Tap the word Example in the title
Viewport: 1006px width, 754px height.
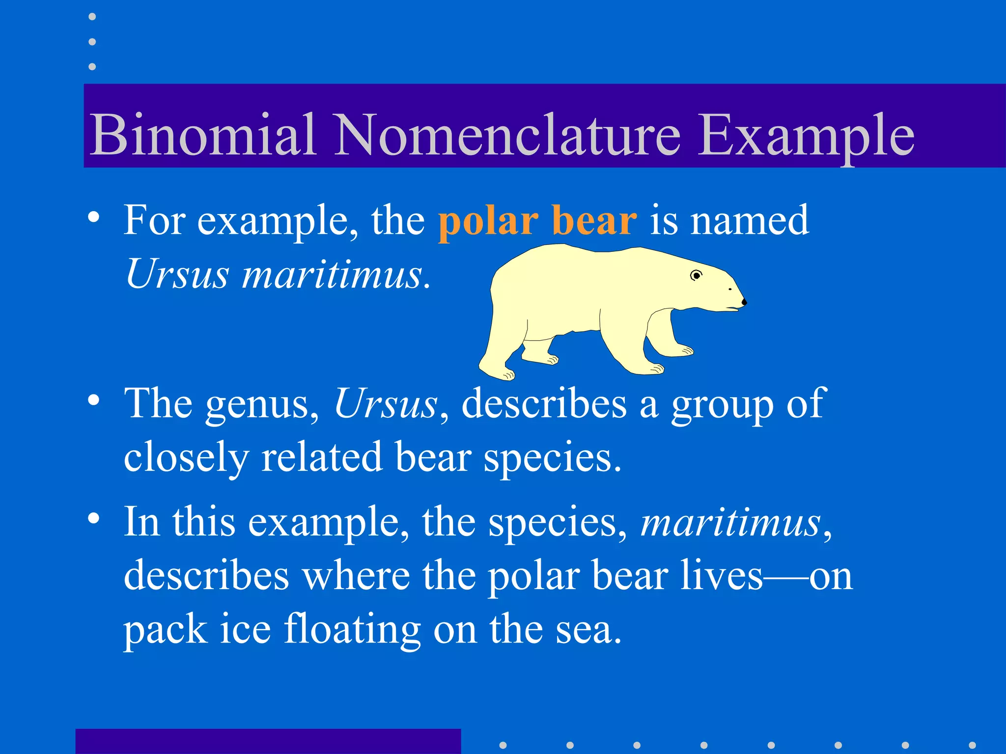[x=806, y=135]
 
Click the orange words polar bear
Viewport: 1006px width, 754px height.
[x=537, y=220]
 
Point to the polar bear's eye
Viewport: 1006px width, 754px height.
[x=696, y=275]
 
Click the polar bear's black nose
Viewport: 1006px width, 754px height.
[x=743, y=302]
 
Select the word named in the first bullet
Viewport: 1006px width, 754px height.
[x=750, y=220]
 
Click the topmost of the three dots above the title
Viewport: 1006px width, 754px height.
[x=92, y=17]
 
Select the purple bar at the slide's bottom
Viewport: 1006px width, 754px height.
[x=268, y=741]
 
